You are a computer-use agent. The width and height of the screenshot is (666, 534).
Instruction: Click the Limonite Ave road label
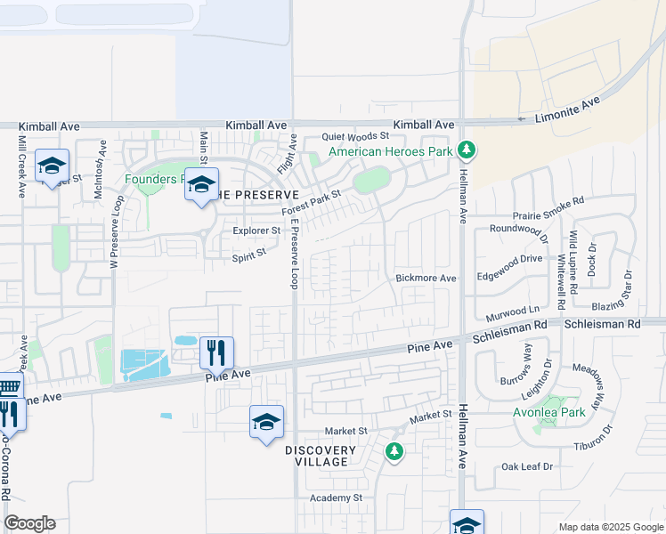point(568,111)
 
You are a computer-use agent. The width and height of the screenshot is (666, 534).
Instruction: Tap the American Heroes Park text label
point(391,152)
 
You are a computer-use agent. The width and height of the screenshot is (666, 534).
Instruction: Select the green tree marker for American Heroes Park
point(464,149)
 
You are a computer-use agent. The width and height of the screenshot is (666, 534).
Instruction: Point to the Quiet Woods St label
point(356,136)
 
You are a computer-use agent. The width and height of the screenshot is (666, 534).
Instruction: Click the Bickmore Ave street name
point(426,279)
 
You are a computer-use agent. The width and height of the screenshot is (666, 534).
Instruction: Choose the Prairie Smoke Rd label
point(549,202)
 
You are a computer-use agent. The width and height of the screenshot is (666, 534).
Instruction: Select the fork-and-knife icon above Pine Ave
point(216,352)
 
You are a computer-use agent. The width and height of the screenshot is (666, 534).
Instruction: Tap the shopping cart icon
point(8,387)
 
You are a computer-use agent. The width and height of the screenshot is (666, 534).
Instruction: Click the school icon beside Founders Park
point(201,183)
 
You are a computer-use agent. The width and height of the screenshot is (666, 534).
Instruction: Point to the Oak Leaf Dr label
point(527,466)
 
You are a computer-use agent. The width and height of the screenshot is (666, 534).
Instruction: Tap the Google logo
point(29,523)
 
